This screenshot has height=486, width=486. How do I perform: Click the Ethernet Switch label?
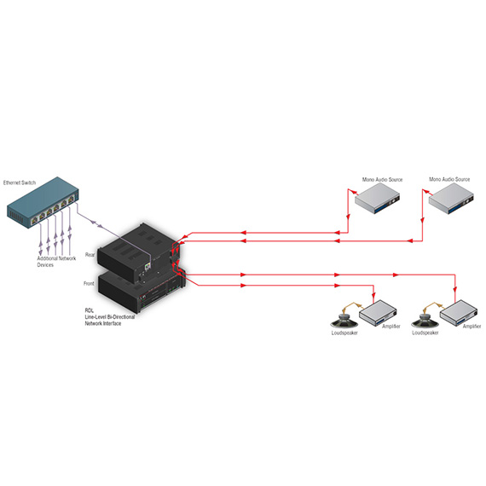tap(20, 182)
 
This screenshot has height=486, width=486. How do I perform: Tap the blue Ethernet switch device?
tap(43, 203)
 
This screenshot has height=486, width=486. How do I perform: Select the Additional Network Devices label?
tap(56, 262)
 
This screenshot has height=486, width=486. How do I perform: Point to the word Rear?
tap(90, 255)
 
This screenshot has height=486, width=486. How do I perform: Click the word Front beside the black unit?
tap(89, 283)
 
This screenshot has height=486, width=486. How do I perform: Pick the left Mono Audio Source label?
tap(383, 179)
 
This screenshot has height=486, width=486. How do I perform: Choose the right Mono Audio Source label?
tap(449, 179)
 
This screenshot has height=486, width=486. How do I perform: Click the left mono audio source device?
tap(377, 198)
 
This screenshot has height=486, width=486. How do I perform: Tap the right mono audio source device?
tap(451, 198)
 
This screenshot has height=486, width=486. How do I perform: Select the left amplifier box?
tap(378, 312)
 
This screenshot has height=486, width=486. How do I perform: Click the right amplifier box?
tap(459, 312)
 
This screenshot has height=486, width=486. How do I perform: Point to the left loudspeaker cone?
tap(344, 321)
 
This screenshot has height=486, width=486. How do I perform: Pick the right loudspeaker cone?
tap(425, 321)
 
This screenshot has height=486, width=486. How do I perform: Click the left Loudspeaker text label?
tap(344, 333)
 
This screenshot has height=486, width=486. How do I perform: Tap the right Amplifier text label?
tap(472, 326)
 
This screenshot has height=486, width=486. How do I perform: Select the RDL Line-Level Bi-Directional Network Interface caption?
tap(110, 317)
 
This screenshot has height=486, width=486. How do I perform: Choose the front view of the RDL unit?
tap(142, 292)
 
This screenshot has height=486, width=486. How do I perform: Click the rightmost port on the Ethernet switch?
tap(72, 199)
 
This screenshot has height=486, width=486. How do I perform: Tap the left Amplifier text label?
tap(391, 326)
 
